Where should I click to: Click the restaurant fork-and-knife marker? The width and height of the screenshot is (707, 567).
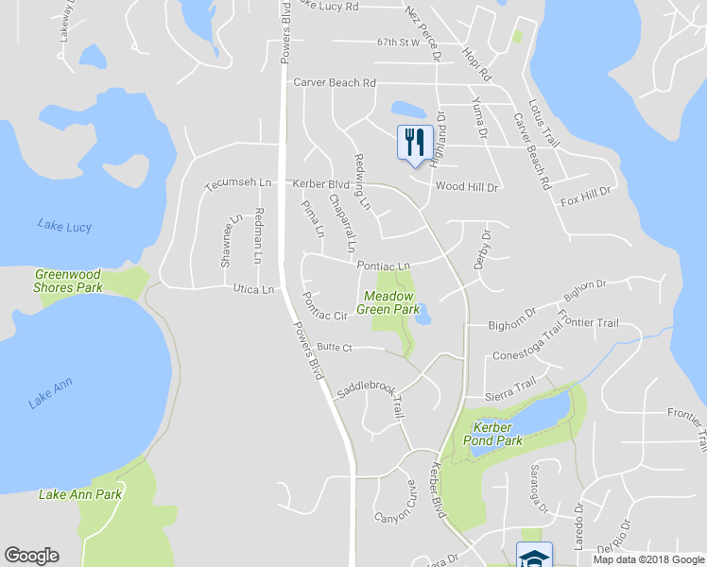pos(414,143)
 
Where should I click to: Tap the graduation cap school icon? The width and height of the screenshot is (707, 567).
pos(533,556)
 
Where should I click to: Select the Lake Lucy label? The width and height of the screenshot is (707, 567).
pos(62,225)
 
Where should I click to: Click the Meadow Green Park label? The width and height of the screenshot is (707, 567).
pos(389,302)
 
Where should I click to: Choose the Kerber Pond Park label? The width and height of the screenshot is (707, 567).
pos(497,433)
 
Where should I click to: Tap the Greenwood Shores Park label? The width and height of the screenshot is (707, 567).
pos(67,281)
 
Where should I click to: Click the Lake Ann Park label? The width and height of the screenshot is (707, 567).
pos(80,494)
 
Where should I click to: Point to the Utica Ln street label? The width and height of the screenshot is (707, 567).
pos(255,289)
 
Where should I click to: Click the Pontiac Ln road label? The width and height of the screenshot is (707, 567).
pos(384,266)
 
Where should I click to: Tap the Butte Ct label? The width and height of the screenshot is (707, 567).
pos(335,348)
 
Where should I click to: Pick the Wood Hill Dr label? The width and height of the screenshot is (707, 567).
pos(466,187)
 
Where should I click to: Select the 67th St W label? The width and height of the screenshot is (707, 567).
pos(397,43)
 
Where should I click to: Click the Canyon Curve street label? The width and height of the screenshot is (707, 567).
pos(396,503)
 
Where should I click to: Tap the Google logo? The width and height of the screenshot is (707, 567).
pos(31,556)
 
